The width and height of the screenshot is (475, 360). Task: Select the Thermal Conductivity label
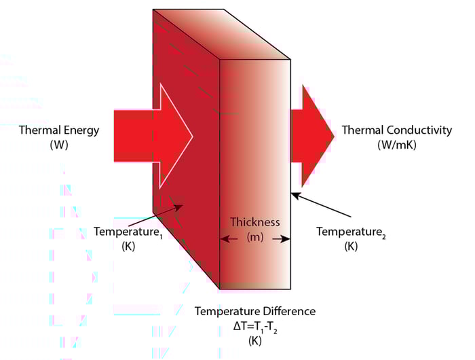[396, 130]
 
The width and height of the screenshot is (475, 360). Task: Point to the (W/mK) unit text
[396, 145]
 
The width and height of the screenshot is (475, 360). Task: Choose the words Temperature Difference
[254, 311]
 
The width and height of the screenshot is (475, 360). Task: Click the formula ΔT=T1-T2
[252, 325]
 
